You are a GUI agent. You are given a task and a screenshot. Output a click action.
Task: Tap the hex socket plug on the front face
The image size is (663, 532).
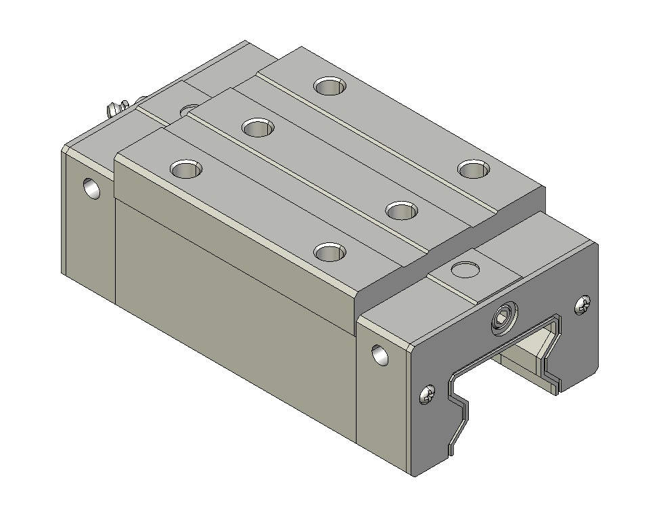[503, 318]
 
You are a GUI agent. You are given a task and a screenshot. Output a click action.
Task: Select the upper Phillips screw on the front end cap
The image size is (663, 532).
[582, 306]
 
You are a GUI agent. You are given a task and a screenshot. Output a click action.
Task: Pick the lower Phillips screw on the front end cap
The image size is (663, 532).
[428, 393]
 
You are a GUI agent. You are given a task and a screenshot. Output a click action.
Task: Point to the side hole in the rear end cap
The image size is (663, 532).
[92, 187]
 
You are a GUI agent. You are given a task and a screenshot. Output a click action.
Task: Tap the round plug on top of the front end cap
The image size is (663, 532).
[465, 268]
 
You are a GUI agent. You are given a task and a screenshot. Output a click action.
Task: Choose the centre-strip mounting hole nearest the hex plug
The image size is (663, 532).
[403, 210]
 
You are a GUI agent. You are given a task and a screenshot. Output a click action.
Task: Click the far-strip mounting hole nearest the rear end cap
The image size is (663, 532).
[330, 86]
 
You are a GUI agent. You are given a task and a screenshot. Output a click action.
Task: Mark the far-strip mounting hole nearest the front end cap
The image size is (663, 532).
[474, 169]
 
